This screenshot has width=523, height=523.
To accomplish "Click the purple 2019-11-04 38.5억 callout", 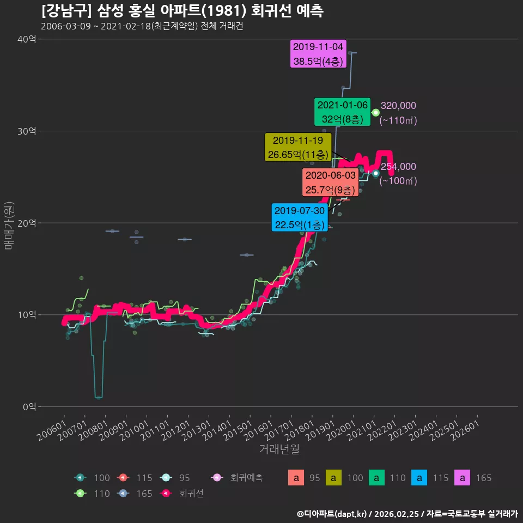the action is [x=318, y=54].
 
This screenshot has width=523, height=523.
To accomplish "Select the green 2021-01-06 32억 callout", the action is [x=342, y=112].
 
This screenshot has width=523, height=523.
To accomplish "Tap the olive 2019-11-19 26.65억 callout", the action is [x=298, y=147].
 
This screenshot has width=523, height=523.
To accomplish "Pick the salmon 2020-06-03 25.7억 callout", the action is [x=330, y=183].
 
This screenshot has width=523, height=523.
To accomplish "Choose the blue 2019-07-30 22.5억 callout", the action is [x=300, y=217].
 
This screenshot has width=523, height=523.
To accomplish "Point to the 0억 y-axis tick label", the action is [x=29, y=406].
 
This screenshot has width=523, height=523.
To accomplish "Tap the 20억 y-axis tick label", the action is [x=27, y=223].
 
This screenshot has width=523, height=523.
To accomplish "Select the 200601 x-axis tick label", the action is [x=51, y=430].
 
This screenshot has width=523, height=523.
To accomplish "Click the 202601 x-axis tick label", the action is [x=465, y=430].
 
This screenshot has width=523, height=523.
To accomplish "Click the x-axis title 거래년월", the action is [x=279, y=449].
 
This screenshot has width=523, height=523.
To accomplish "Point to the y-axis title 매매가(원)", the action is [x=9, y=226].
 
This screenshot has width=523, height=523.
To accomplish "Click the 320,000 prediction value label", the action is [x=398, y=105].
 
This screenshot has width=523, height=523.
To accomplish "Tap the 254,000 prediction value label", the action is [x=398, y=167].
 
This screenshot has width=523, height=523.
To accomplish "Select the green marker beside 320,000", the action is [x=375, y=113].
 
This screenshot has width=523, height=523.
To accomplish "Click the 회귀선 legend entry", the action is [x=182, y=494].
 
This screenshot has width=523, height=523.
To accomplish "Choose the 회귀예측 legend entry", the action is [x=237, y=478].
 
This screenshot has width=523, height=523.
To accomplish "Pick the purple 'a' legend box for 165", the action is [x=463, y=478].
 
